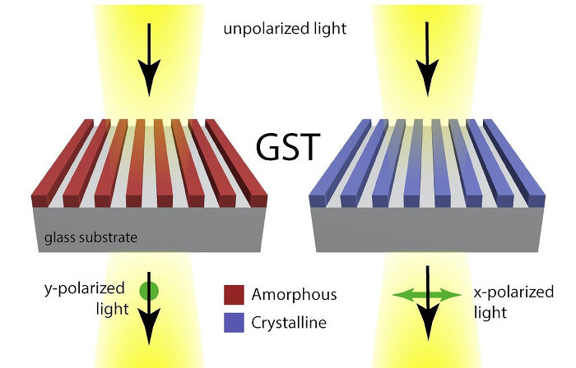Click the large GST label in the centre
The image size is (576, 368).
pos(288,146)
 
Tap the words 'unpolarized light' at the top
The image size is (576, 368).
pos(285,29)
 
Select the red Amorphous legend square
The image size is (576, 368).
pos(234,295)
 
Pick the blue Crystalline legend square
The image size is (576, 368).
pos(234,323)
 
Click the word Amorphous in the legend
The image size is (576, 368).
pos(294,295)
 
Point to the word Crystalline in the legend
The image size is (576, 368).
pos(289,323)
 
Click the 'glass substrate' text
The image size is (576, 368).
pos(91,237)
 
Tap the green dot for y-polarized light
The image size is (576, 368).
pos(149,292)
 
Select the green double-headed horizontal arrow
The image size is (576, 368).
pos(427,295)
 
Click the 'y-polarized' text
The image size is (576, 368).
pos(85,289)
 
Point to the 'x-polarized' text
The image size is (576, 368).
pos(513,292)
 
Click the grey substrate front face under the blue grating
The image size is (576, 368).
pos(427,230)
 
